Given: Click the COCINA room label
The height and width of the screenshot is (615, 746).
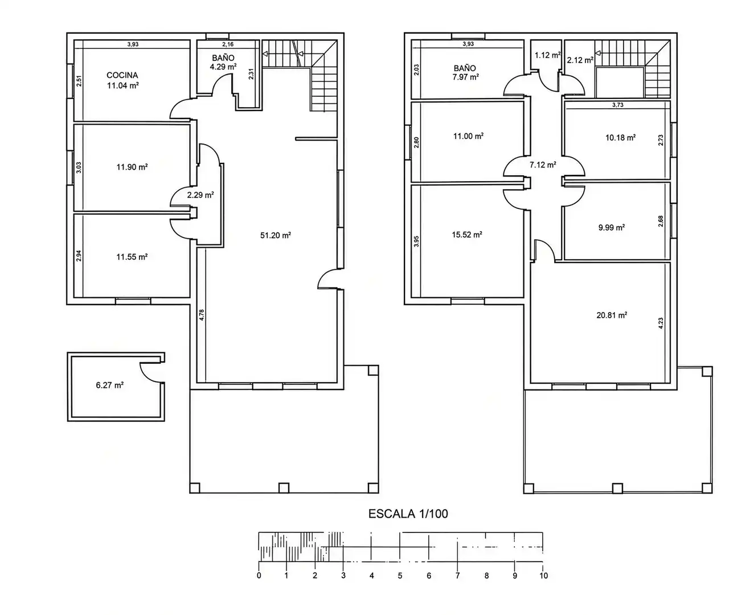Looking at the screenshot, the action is click(122, 75).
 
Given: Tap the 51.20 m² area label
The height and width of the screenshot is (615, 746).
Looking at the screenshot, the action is click(276, 235).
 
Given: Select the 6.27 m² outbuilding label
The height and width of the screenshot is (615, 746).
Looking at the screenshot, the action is click(110, 385).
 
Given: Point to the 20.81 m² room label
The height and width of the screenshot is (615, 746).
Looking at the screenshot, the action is click(612, 315).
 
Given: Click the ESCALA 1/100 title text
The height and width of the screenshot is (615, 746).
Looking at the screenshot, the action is click(408, 514).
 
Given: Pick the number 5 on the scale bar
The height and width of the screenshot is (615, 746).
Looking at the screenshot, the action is click(400, 576).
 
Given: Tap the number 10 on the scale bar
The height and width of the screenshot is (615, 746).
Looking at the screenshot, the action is click(543, 576).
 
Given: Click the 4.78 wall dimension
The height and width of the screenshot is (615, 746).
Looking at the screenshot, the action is click(202, 315).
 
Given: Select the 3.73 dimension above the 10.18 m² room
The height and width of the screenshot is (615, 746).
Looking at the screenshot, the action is click(618, 105).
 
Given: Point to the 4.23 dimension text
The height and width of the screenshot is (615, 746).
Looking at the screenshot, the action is click(661, 323).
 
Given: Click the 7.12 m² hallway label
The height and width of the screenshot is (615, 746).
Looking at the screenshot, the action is click(543, 165).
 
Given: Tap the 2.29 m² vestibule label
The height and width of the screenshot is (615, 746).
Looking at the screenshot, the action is click(200, 195).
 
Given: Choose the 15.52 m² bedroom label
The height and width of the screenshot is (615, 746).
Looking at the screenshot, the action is click(467, 235).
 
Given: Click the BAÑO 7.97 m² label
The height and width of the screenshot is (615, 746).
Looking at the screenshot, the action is click(465, 72).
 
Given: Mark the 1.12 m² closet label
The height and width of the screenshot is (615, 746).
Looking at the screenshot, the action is click(547, 55).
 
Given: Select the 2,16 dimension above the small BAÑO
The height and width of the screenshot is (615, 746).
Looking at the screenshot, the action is click(228, 44).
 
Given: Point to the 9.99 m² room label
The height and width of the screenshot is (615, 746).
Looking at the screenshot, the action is click(612, 227).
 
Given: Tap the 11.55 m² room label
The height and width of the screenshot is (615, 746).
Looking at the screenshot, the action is click(132, 257).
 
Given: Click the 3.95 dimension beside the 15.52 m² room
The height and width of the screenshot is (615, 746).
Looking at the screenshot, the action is click(416, 241).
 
